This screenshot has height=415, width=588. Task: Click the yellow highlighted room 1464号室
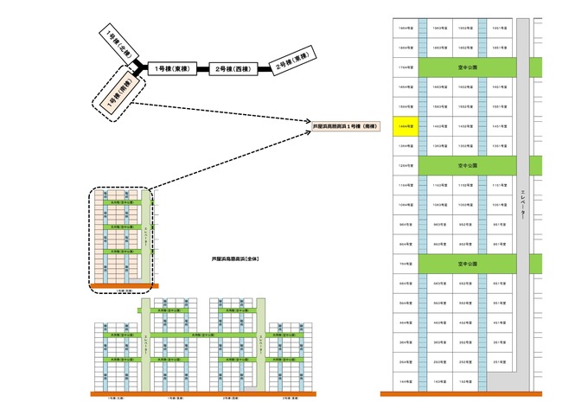click(405, 125)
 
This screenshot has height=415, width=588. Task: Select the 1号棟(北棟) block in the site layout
click(115, 40)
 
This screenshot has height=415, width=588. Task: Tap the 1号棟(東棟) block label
click(169, 67)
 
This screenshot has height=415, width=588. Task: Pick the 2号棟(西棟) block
click(231, 67)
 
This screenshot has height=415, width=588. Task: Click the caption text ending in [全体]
click(236, 259)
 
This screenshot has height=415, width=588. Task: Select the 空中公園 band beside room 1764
click(468, 67)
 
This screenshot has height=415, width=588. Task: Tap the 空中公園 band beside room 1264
click(468, 164)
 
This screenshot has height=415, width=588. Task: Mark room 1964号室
click(405, 28)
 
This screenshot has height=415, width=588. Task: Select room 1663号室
click(439, 86)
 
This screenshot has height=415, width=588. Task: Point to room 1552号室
click(465, 105)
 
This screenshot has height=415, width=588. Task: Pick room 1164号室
click(405, 184)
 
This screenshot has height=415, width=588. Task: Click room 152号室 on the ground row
click(465, 380)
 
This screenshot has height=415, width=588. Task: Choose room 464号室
click(405, 322)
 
